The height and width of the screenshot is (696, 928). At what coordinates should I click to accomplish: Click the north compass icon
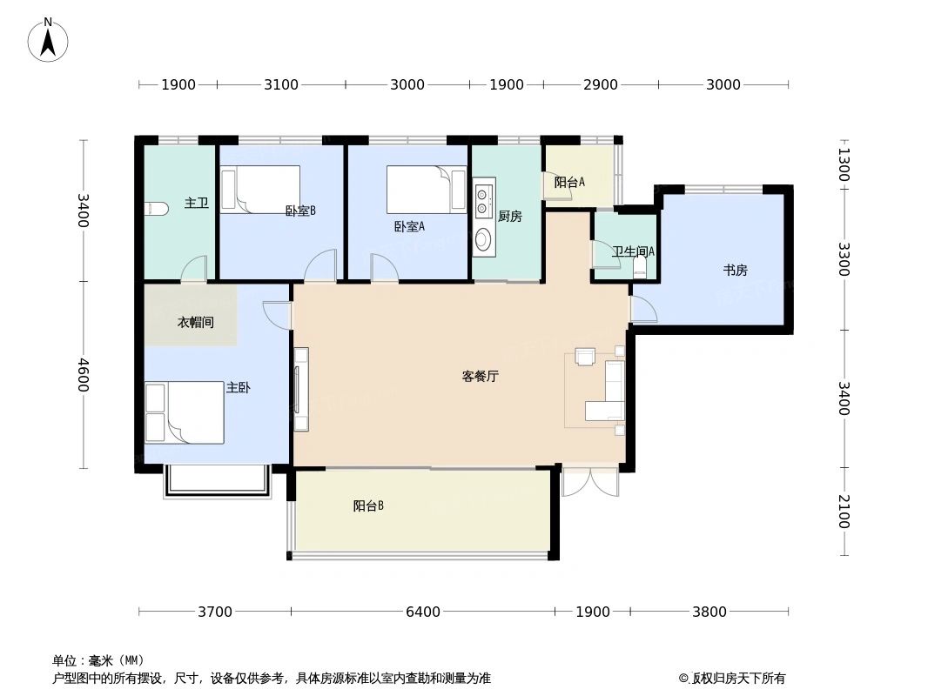coord(48,40)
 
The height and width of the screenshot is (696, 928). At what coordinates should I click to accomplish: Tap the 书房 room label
coord(735,271)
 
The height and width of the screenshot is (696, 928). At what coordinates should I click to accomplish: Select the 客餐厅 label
coord(480,377)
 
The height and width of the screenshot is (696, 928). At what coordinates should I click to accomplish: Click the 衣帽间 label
coord(196,323)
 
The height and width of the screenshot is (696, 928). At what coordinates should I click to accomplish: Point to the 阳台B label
coord(368,506)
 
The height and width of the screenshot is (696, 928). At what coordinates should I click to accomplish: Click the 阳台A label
coord(569,183)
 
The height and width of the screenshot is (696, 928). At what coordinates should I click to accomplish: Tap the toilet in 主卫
coord(156,209)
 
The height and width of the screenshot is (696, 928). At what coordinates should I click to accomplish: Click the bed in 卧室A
coord(427,190)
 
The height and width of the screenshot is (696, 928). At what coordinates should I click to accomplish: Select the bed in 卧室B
coord(260,189)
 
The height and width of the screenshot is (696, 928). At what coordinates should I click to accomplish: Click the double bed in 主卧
coord(185,412)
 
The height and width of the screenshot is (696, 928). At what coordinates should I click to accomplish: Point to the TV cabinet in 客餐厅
coord(301,389)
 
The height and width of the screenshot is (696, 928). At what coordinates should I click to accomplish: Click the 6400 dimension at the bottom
coord(423,612)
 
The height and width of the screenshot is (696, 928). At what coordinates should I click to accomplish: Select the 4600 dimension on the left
coord(83,375)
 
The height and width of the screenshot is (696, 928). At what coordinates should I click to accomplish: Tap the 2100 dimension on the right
coord(843,511)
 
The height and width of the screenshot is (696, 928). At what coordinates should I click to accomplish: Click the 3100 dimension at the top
coord(281,84)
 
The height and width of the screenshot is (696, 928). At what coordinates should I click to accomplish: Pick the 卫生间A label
coord(633,251)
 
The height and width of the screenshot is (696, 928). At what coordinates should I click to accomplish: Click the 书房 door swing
coord(642,309)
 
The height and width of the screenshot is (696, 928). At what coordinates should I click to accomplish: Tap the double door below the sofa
coord(589,481)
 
